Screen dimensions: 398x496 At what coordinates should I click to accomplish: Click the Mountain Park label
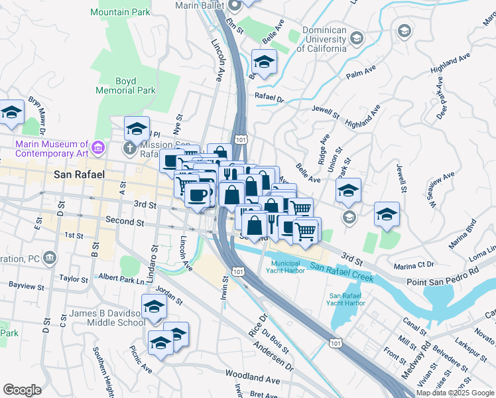pyautogui.click(x=120, y=13)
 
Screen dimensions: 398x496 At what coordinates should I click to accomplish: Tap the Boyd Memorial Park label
pyautogui.click(x=135, y=86)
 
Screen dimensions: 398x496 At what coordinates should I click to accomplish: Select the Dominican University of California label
pyautogui.click(x=324, y=39)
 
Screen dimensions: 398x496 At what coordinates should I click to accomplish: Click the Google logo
pyautogui.click(x=22, y=389)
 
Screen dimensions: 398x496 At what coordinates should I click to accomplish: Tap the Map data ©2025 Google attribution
pyautogui.click(x=455, y=393)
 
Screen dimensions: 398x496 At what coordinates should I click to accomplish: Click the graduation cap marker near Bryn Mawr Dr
pyautogui.click(x=11, y=113)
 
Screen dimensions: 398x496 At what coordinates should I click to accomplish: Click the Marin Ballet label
pyautogui.click(x=198, y=5)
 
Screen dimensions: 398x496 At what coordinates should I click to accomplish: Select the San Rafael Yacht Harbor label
pyautogui.click(x=346, y=299)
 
